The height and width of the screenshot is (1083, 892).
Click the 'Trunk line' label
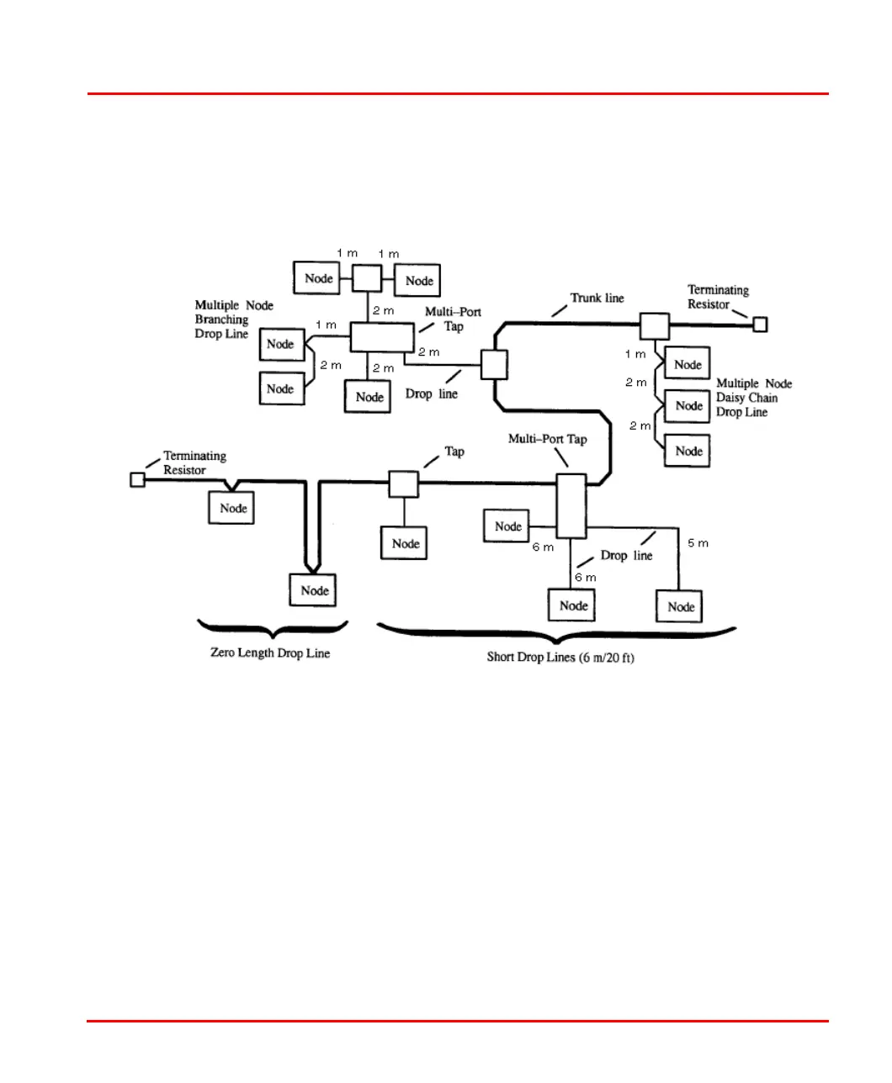point(597,298)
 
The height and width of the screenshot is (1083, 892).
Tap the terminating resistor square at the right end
point(760,324)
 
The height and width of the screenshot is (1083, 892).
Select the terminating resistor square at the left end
point(138,479)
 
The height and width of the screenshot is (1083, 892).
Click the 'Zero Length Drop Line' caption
point(270,653)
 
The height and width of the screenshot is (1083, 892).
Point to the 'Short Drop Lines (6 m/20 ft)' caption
point(560,657)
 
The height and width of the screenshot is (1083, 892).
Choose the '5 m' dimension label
point(698,543)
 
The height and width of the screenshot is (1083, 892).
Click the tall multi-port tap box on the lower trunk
point(571,505)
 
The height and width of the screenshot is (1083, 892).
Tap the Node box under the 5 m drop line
point(680,606)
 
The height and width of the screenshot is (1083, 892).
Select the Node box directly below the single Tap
point(405,543)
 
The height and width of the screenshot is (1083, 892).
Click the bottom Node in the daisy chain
point(688,451)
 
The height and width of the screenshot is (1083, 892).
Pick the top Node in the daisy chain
point(688,364)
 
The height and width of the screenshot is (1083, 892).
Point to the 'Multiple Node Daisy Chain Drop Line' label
point(753,398)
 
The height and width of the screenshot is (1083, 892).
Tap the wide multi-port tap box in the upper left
point(383,338)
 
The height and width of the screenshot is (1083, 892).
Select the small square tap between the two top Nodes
point(367,277)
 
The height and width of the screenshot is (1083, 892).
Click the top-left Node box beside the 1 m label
point(317,277)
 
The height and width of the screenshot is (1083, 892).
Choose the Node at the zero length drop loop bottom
point(314,590)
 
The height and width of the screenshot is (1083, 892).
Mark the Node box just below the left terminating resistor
point(231,508)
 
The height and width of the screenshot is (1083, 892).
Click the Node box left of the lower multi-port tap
point(507,526)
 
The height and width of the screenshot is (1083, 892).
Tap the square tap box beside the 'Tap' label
point(404,484)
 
